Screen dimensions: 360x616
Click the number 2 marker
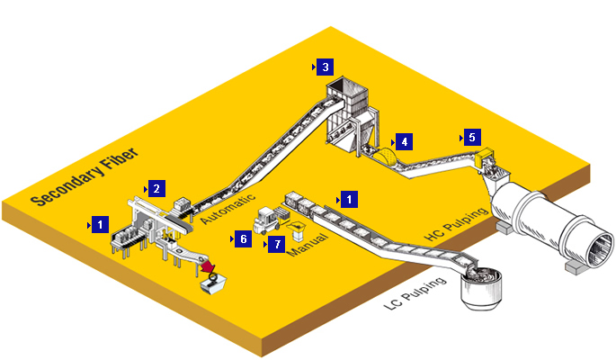[x=156, y=189]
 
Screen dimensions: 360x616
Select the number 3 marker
[x=326, y=67]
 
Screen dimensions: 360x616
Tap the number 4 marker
[x=405, y=142]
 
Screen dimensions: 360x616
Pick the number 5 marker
[x=472, y=138]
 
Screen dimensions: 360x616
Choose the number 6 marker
[x=242, y=239]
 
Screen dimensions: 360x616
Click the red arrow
[x=209, y=268]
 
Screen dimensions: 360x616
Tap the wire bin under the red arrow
[x=215, y=284]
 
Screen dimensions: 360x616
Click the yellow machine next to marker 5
[x=488, y=159]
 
